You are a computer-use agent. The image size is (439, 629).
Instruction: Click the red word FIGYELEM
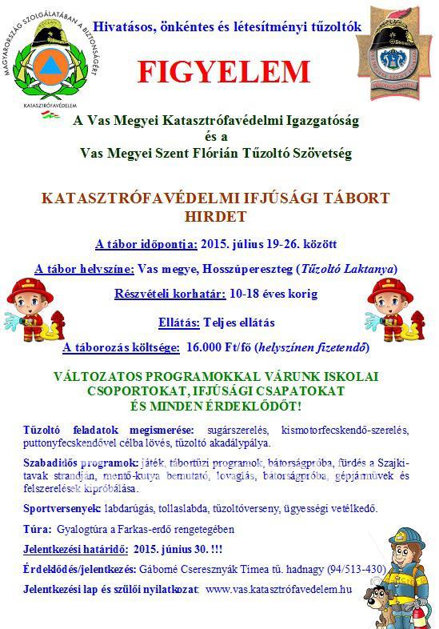(223, 72)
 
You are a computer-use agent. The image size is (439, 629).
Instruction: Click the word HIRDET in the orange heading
(220, 217)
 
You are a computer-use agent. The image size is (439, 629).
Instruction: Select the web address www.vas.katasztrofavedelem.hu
(278, 590)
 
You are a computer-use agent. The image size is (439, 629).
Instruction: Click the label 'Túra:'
(38, 530)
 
